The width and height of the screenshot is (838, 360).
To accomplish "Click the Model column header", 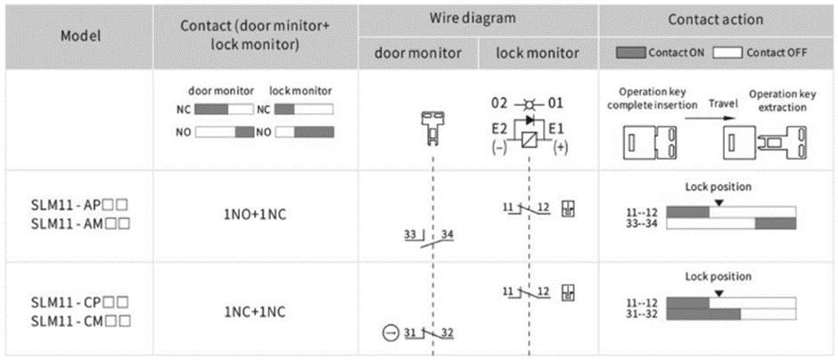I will [79, 37].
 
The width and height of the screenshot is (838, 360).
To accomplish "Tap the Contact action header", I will [716, 19].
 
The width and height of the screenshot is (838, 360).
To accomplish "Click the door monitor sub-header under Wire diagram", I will [417, 53].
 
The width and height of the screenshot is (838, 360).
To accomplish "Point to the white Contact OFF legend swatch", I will [732, 53].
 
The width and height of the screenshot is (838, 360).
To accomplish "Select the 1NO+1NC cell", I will [254, 215].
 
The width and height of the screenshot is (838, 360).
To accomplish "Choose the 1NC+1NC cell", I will [254, 312].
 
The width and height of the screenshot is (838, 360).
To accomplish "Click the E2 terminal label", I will [501, 127].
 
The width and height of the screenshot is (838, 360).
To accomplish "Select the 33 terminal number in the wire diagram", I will [410, 234].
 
